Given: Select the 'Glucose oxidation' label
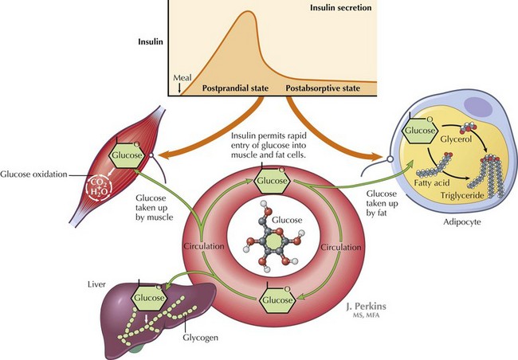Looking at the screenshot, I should click(31, 174).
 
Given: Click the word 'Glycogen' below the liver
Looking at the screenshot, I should click(203, 337).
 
